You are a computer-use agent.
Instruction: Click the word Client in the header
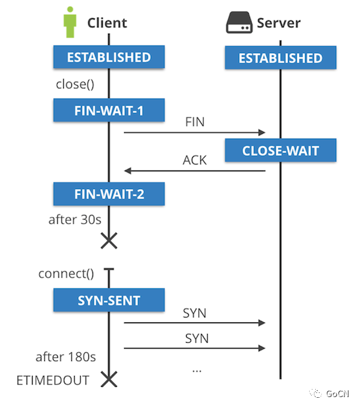pyautogui.click(x=107, y=23)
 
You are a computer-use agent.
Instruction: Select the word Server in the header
pyautogui.click(x=278, y=23)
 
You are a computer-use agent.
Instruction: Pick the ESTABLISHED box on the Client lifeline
pyautogui.click(x=109, y=57)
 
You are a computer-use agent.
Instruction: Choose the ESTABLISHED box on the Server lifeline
pyautogui.click(x=281, y=58)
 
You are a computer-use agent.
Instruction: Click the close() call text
pyautogui.click(x=75, y=86)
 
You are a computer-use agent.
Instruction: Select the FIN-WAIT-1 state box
pyautogui.click(x=109, y=109)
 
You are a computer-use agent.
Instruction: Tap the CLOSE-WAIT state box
pyautogui.click(x=281, y=150)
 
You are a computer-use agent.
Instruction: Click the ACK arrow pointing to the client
pyautogui.click(x=194, y=171)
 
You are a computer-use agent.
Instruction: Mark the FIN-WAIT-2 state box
pyautogui.click(x=109, y=194)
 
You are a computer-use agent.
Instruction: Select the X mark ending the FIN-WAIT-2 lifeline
pyautogui.click(x=109, y=240)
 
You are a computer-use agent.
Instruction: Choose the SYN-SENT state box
pyautogui.click(x=109, y=300)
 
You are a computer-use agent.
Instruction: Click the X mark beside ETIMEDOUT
pyautogui.click(x=109, y=379)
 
